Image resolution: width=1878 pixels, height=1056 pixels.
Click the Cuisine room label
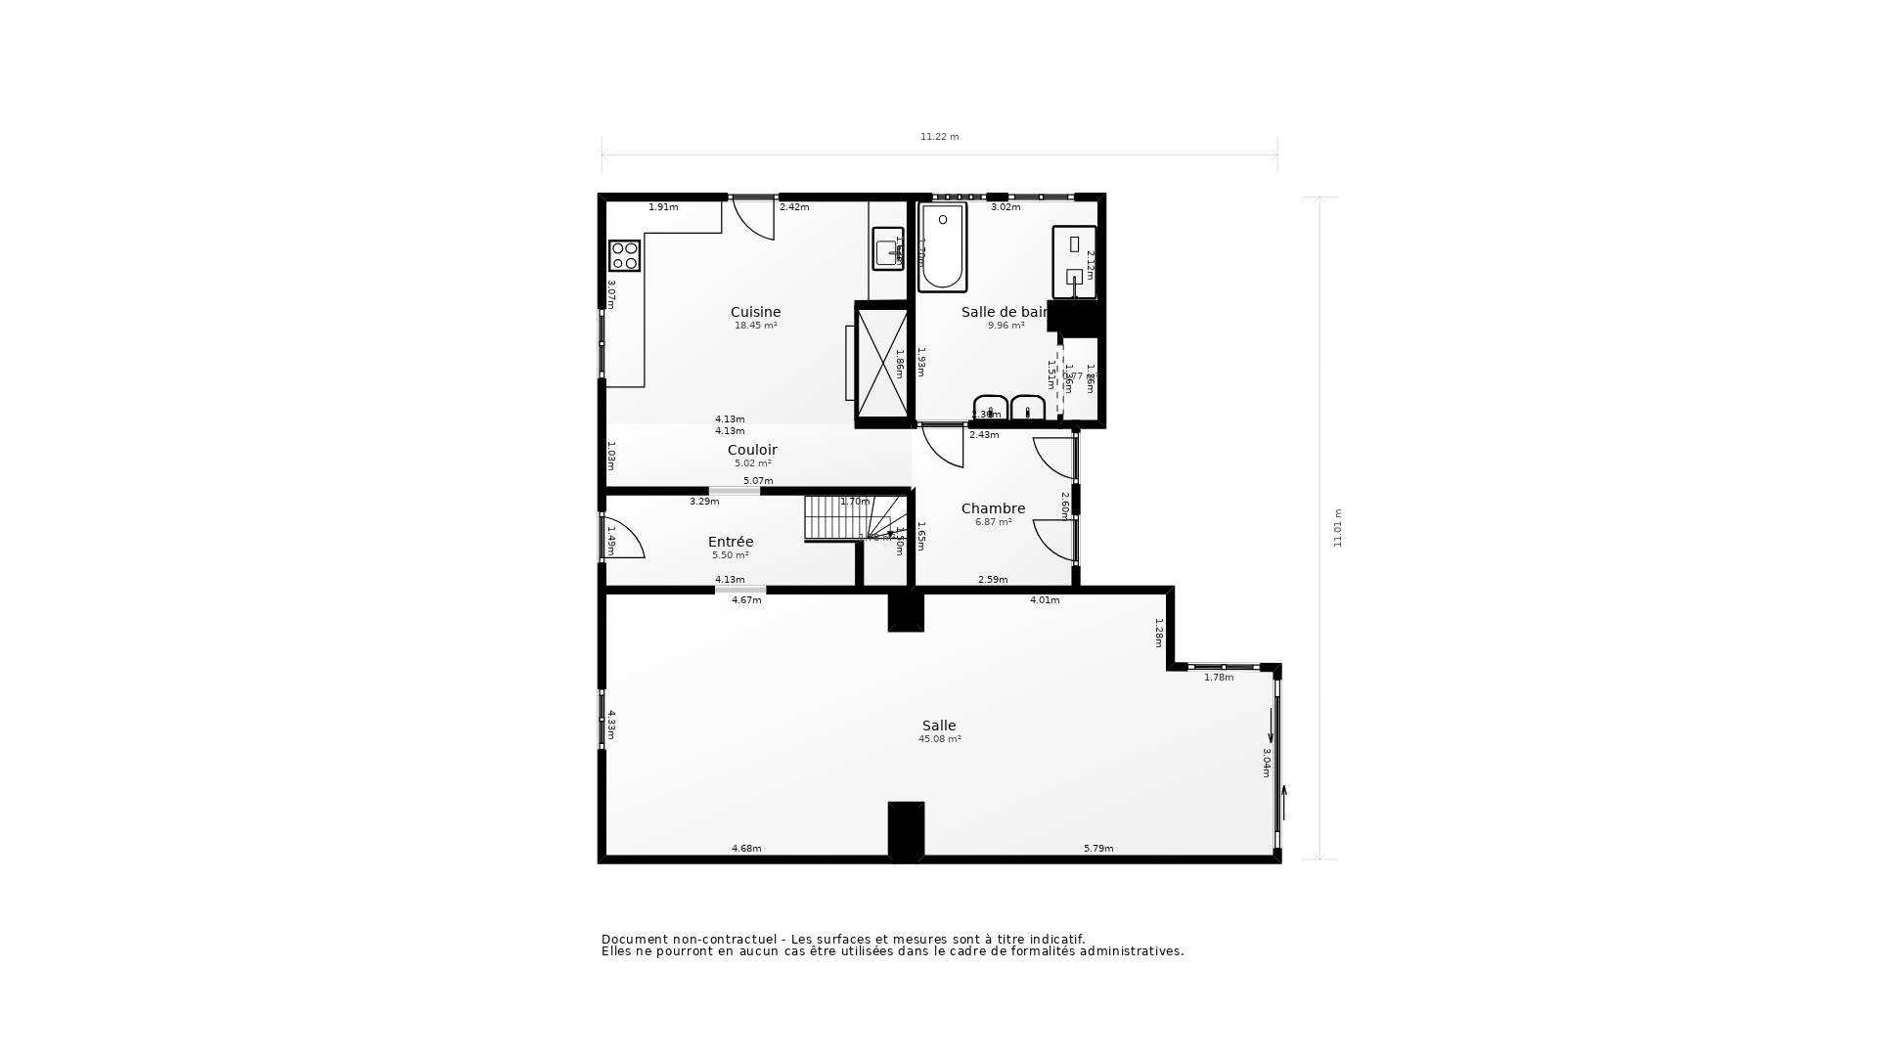(x=755, y=312)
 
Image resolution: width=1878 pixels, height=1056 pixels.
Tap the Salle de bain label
(x=1005, y=312)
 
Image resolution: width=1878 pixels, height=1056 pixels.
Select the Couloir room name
(x=752, y=450)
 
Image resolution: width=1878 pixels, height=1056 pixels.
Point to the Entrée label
(x=731, y=542)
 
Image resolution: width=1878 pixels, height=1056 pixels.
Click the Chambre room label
(x=993, y=508)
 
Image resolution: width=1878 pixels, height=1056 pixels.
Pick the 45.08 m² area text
(x=939, y=739)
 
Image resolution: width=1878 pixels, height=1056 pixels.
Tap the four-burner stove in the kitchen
(x=624, y=255)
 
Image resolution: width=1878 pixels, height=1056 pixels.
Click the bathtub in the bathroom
(x=942, y=247)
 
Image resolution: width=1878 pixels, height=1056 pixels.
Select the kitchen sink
(x=887, y=248)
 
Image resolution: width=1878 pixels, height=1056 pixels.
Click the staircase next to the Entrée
(x=851, y=518)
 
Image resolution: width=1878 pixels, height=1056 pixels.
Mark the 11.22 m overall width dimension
(x=939, y=137)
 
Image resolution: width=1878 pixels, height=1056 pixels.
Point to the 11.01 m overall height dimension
(x=1338, y=528)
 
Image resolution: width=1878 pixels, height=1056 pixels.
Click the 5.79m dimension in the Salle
(x=1097, y=849)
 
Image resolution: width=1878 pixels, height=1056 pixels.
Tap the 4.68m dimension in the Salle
(x=746, y=849)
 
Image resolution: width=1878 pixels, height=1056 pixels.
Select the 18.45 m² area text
(x=755, y=326)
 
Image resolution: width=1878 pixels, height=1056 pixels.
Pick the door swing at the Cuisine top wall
(x=754, y=217)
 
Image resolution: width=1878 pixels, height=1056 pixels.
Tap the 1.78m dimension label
(x=1218, y=678)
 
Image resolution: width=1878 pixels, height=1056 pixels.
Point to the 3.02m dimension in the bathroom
(x=1005, y=207)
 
